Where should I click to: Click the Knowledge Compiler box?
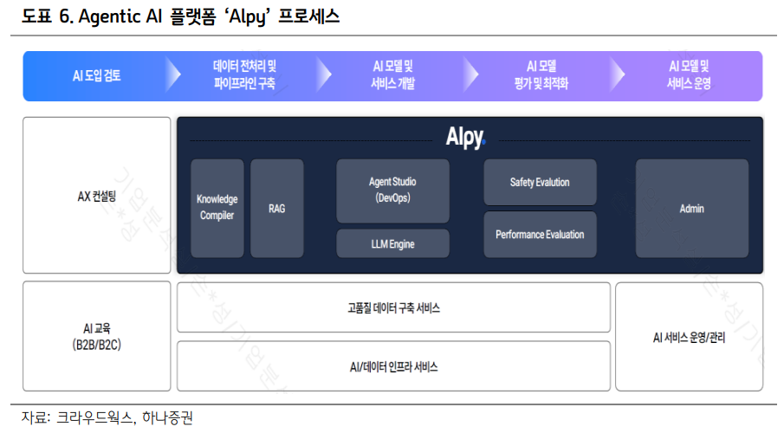(217, 208)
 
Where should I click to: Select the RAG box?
(276, 208)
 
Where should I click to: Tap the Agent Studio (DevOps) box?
(392, 191)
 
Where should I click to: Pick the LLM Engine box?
(392, 244)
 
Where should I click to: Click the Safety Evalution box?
(540, 182)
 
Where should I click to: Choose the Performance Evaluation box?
(540, 235)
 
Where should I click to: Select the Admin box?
(691, 208)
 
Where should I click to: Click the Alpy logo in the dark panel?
(465, 138)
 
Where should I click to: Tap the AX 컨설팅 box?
(97, 196)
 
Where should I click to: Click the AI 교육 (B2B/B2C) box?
(97, 336)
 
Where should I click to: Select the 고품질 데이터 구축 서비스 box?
(393, 307)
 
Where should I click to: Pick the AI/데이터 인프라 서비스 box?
(393, 366)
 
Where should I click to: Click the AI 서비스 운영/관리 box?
(689, 337)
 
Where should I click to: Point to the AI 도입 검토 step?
(97, 75)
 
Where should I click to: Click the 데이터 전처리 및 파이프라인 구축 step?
(244, 75)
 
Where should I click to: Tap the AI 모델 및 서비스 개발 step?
(392, 75)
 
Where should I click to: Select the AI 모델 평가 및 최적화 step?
(541, 75)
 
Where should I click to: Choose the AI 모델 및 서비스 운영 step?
(689, 75)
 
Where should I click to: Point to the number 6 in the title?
(64, 16)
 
